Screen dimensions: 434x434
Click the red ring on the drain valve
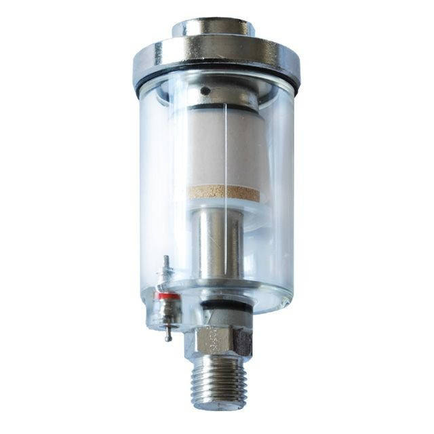click(167, 296)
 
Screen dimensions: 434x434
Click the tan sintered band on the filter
click(223, 193)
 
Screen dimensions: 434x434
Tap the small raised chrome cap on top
click(213, 28)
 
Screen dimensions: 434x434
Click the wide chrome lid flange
click(216, 58)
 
